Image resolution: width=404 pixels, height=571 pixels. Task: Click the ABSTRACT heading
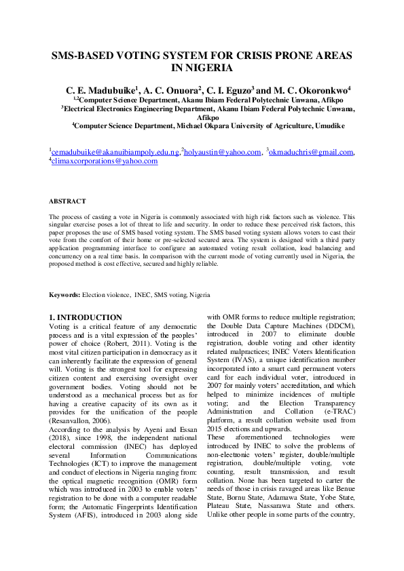click(67, 201)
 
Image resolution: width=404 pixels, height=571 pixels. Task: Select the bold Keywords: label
click(65, 296)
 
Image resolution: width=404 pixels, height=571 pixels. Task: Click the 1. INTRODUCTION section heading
click(86, 317)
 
